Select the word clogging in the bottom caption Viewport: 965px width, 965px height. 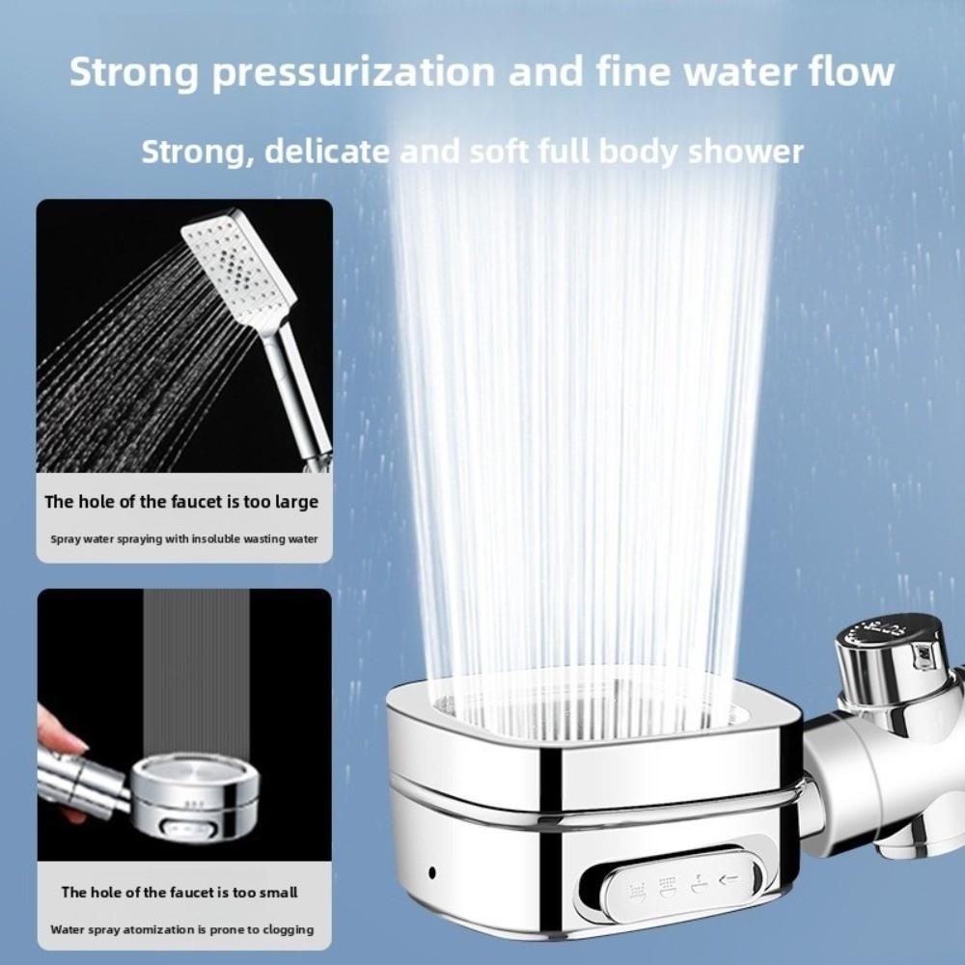[x=283, y=929]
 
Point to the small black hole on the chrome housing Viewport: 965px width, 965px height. [x=431, y=872]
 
